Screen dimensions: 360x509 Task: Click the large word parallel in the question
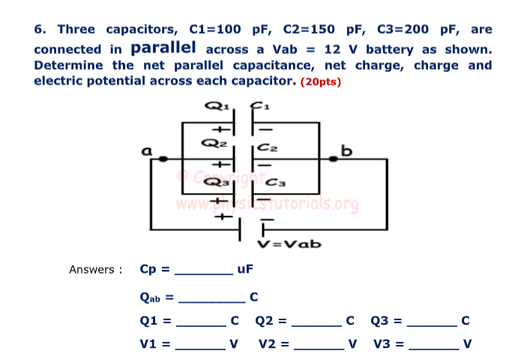tap(163, 48)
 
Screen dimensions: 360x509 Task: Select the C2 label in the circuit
tap(267, 148)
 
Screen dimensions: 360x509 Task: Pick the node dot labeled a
tap(160, 159)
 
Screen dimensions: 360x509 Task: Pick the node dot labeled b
tap(331, 159)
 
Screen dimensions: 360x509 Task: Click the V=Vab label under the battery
tap(289, 244)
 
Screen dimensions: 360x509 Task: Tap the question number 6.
tap(40, 30)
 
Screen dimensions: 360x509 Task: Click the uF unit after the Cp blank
tap(245, 269)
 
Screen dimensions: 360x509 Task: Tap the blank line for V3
tap(433, 349)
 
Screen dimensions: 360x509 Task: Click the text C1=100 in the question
tap(216, 30)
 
